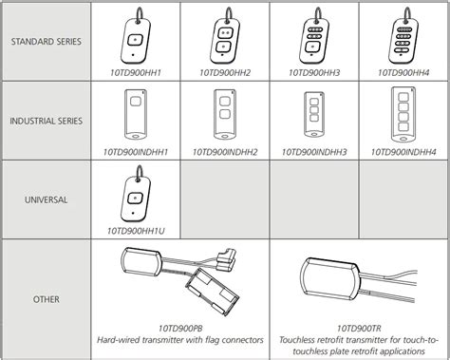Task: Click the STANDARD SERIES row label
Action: click(x=47, y=42)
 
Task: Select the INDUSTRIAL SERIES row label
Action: click(x=47, y=121)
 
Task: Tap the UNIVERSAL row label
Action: click(x=47, y=199)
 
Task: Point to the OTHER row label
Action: click(x=47, y=299)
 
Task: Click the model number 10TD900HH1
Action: click(x=136, y=73)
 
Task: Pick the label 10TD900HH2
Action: click(x=225, y=73)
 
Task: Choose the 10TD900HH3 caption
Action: click(x=314, y=73)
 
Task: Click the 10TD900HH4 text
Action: click(x=403, y=73)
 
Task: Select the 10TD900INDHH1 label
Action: click(x=136, y=152)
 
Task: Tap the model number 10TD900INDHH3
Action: click(x=314, y=152)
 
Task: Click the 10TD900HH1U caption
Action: click(x=136, y=231)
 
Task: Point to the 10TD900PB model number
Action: click(x=180, y=328)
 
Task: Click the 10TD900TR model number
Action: click(x=359, y=328)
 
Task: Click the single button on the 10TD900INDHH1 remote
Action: click(x=136, y=102)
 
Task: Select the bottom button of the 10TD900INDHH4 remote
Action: click(x=403, y=127)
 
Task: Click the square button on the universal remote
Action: click(x=135, y=199)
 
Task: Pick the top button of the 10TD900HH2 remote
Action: click(x=225, y=33)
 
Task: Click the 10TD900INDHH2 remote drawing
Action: click(x=225, y=115)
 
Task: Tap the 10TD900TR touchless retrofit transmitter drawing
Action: click(x=358, y=279)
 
